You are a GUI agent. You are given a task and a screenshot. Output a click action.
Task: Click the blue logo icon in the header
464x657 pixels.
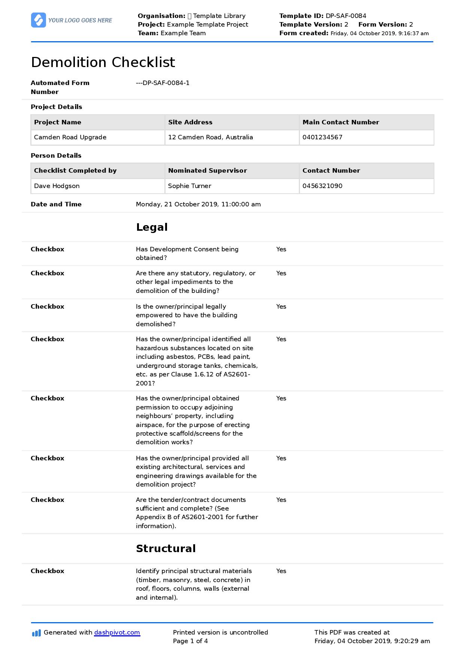point(38,20)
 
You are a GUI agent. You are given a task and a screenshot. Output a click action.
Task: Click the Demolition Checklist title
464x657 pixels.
point(103,62)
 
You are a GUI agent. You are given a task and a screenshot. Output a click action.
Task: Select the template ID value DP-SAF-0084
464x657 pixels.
point(346,16)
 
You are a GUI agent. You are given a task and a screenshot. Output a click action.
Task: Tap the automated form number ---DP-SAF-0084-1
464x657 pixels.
point(163,83)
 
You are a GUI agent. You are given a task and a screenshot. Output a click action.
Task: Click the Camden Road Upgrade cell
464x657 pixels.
point(70,137)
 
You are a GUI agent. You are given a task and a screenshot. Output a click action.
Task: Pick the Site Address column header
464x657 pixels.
point(190,122)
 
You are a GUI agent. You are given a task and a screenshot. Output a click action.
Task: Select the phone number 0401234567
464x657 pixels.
point(322,137)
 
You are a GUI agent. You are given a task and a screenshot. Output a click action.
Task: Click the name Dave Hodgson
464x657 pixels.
point(57,186)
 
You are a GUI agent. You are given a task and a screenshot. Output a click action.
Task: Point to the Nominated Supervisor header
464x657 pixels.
point(207,170)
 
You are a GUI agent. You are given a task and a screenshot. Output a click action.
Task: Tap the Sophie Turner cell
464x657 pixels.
point(189,186)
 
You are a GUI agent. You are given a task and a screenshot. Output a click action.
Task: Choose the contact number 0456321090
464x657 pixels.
point(322,186)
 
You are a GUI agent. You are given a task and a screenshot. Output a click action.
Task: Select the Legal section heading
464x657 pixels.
point(152,227)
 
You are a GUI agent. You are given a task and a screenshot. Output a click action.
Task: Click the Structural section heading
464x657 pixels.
point(166,548)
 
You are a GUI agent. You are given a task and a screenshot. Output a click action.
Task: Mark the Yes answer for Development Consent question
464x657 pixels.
point(281,249)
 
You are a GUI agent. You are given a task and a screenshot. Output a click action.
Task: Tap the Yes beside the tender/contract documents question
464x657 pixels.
point(281,500)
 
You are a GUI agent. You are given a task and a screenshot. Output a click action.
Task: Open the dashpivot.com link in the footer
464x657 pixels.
point(117,632)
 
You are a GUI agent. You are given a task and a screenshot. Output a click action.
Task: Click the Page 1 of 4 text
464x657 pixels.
point(190,641)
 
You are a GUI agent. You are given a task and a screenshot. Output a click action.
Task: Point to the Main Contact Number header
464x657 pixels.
point(340,122)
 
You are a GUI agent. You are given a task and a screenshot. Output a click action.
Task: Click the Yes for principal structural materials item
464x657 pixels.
point(281,571)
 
